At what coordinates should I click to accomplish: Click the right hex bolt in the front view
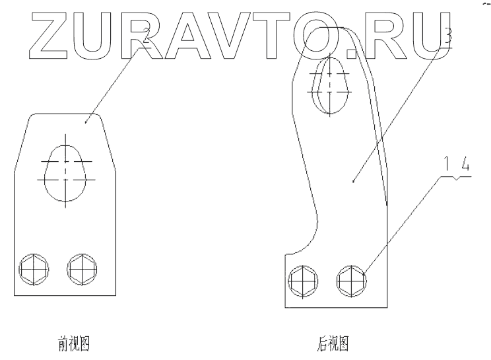coord(82,268)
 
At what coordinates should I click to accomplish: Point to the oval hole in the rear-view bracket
coord(331,84)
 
